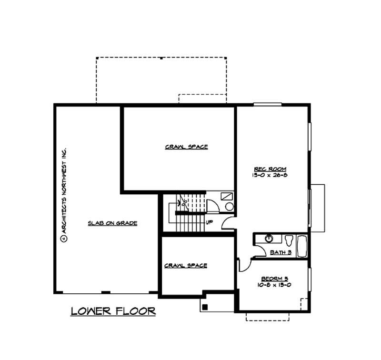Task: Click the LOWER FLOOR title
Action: tap(113, 311)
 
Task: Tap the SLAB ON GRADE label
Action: tap(112, 223)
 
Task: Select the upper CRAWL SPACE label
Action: tap(186, 147)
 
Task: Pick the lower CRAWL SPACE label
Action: tap(186, 265)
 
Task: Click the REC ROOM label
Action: tap(271, 169)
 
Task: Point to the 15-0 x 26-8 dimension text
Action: tap(271, 175)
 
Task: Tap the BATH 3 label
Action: tap(281, 252)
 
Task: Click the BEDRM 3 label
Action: tap(273, 279)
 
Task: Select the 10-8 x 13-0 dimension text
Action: tap(273, 285)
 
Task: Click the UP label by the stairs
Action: tap(209, 222)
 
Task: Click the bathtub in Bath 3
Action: tap(302, 246)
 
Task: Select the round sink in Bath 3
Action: tap(269, 238)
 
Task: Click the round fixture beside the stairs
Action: tap(229, 207)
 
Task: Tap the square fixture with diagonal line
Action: tap(227, 196)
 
